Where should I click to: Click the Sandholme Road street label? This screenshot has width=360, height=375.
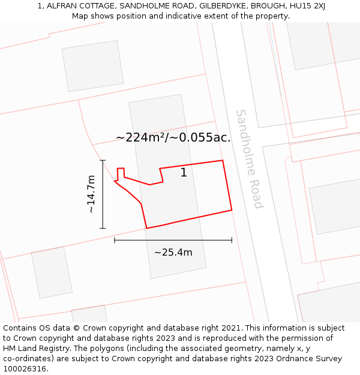(250, 158)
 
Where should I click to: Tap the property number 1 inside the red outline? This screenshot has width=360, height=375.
(184, 173)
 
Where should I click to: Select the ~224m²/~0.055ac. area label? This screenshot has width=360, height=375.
(173, 137)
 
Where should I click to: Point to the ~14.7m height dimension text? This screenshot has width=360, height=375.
(91, 194)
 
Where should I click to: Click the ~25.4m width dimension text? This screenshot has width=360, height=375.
(173, 253)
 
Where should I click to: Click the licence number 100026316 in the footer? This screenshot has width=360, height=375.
(25, 369)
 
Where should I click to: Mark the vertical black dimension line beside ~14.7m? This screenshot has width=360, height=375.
(103, 194)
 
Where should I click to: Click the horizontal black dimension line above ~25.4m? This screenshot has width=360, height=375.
(173, 241)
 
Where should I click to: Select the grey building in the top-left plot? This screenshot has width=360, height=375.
(93, 66)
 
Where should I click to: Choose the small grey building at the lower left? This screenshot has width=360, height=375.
(52, 272)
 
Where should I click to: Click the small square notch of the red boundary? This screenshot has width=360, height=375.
(121, 173)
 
